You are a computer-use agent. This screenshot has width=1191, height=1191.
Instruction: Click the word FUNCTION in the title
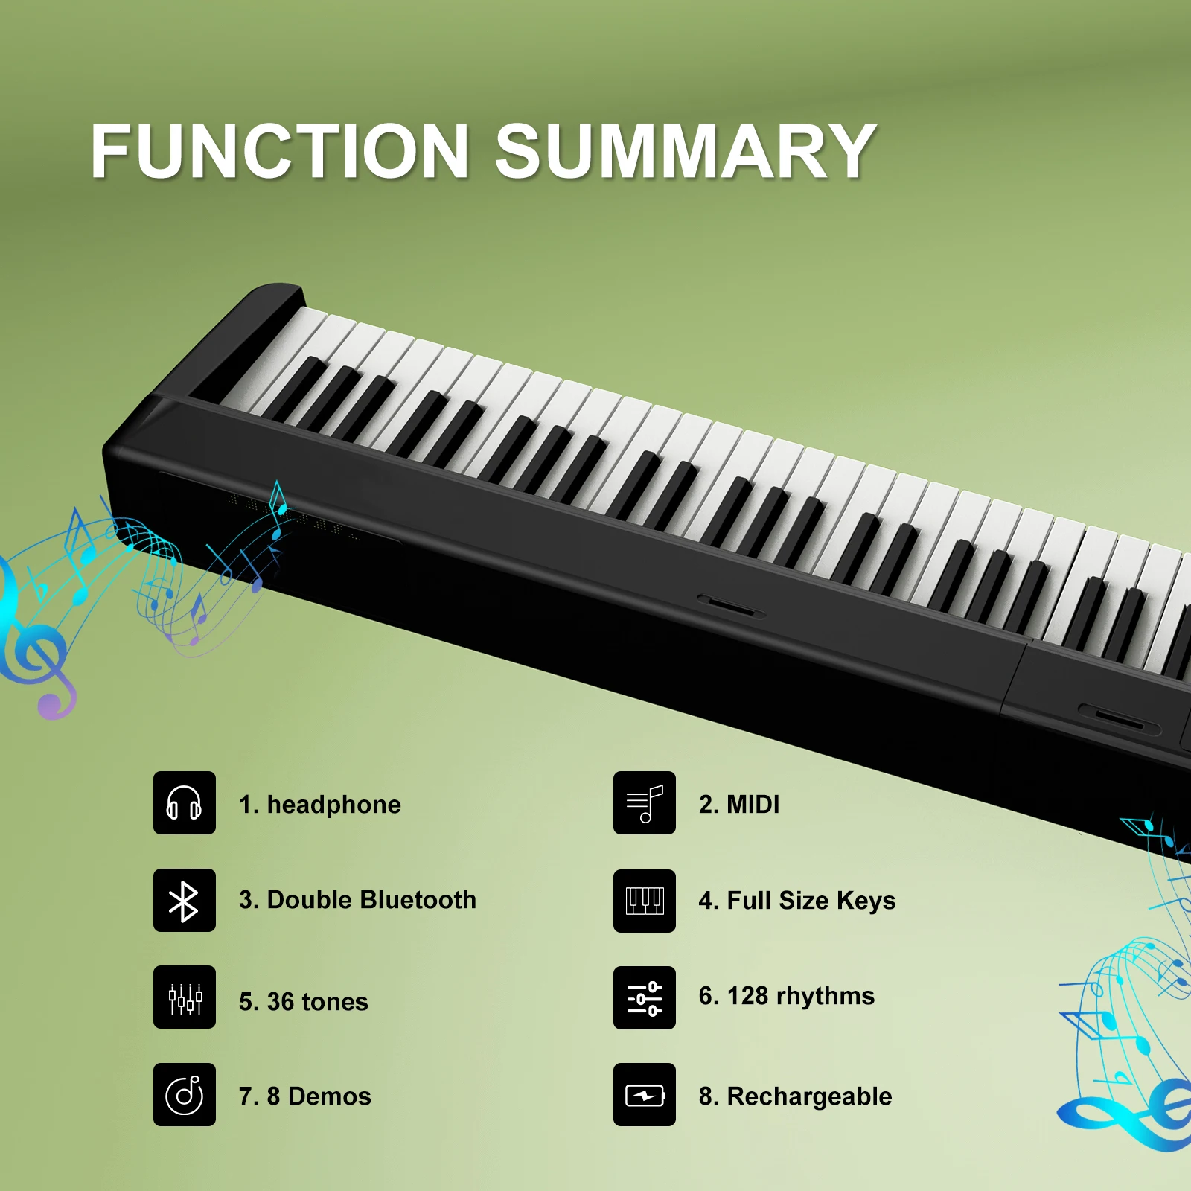point(280,151)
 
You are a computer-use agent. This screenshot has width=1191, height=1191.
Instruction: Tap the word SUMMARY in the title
point(686,151)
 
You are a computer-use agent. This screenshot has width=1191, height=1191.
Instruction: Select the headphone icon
point(185,802)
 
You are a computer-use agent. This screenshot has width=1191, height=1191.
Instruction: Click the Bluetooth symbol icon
point(185,900)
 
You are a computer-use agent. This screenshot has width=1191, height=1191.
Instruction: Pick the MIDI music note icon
point(645,802)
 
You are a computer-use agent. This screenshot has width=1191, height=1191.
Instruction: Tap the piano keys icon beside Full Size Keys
point(645,901)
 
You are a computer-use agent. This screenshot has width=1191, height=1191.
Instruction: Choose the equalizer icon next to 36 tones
point(185,997)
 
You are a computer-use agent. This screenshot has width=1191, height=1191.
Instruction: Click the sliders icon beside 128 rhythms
point(645,998)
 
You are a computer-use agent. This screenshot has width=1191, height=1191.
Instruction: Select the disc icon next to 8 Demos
point(185,1094)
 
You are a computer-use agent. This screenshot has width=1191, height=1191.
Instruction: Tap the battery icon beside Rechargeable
point(645,1094)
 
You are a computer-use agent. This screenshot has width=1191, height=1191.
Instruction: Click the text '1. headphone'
point(320,805)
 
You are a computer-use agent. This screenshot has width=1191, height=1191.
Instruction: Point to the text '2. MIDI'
point(739,804)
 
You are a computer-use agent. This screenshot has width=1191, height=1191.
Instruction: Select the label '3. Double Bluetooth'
point(357,900)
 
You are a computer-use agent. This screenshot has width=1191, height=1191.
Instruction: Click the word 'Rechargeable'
point(809,1097)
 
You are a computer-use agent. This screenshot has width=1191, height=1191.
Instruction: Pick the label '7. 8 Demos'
point(305,1096)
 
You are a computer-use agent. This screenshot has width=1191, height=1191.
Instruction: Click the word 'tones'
point(333,1002)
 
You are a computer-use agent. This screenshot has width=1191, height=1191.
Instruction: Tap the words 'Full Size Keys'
point(811,901)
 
